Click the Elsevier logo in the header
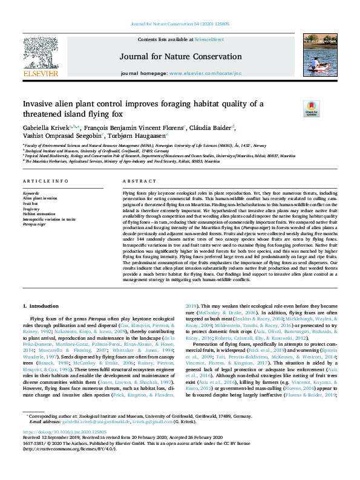40,57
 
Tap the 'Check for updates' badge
294,108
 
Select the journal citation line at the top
180,24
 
